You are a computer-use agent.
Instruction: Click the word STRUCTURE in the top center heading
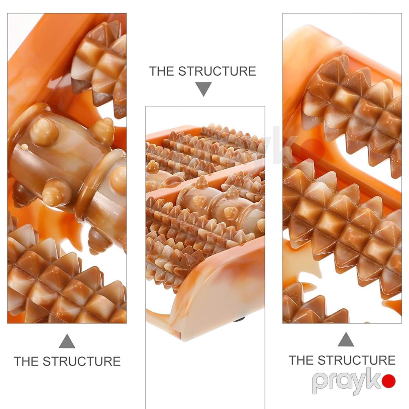[x=217, y=71]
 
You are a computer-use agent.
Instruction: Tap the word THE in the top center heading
[x=162, y=71]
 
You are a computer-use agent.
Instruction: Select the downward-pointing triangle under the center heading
[x=203, y=89]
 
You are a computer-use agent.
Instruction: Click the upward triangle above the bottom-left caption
[x=67, y=341]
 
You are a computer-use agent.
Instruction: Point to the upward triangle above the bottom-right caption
[x=346, y=339]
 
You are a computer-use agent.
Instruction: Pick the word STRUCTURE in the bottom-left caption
[x=82, y=361]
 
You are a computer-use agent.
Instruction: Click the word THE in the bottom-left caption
[x=27, y=361]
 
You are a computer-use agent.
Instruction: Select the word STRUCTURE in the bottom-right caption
[x=357, y=360]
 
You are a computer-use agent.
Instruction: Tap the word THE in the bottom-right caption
[x=301, y=360]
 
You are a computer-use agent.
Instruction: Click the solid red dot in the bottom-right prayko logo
[x=389, y=381]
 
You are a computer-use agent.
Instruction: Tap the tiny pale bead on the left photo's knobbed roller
[x=24, y=147]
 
